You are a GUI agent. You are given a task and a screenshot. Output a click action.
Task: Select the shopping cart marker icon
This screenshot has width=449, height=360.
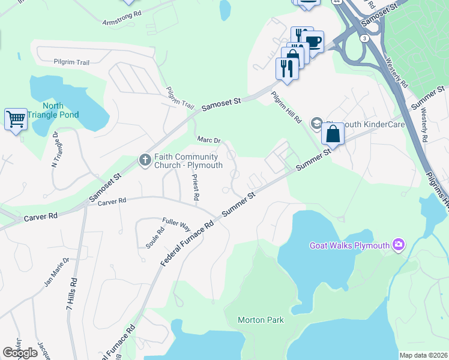coord(16,119)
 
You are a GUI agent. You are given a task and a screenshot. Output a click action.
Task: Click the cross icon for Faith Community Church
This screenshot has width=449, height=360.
coord(145,160)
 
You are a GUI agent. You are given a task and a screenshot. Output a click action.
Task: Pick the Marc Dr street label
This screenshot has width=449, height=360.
coord(209,140)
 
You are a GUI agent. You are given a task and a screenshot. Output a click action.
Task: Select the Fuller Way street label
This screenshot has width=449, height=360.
coord(176,224)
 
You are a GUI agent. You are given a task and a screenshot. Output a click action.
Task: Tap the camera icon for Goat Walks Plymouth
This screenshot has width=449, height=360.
coord(397,245)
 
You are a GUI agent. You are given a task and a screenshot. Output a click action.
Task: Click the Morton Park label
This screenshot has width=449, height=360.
coord(261,320)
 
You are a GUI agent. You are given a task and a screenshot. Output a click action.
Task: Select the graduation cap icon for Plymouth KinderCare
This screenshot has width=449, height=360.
coord(316,124)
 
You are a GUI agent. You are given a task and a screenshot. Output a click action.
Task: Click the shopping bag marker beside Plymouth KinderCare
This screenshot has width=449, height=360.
coord(333,134)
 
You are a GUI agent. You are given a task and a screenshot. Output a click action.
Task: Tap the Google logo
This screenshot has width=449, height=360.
coord(20,353)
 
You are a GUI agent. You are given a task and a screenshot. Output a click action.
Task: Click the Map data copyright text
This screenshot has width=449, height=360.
coord(423,355)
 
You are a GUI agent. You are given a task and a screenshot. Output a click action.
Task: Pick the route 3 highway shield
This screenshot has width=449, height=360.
coord(364,38)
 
